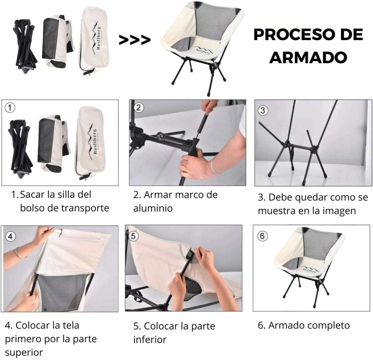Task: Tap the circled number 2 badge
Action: (139, 107)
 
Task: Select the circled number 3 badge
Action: (263, 110)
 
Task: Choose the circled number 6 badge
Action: (262, 236)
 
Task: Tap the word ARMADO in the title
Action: (308, 57)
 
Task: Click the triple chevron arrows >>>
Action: (134, 40)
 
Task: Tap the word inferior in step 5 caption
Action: (149, 340)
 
